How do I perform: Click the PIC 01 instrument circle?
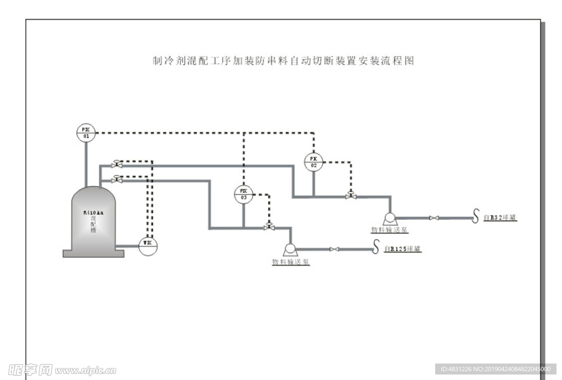point(86,132)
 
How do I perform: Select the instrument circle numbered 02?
point(313,161)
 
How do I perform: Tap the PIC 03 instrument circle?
point(244,194)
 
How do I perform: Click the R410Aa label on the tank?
point(92,212)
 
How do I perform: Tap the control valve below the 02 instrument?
point(350,195)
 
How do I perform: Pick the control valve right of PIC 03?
point(269,227)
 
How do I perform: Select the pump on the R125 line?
point(290,250)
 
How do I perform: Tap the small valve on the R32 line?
point(434,219)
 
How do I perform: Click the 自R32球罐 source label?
point(500,218)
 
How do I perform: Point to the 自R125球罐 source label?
point(402,249)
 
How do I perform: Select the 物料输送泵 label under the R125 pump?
point(291,262)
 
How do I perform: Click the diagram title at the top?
point(283,61)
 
